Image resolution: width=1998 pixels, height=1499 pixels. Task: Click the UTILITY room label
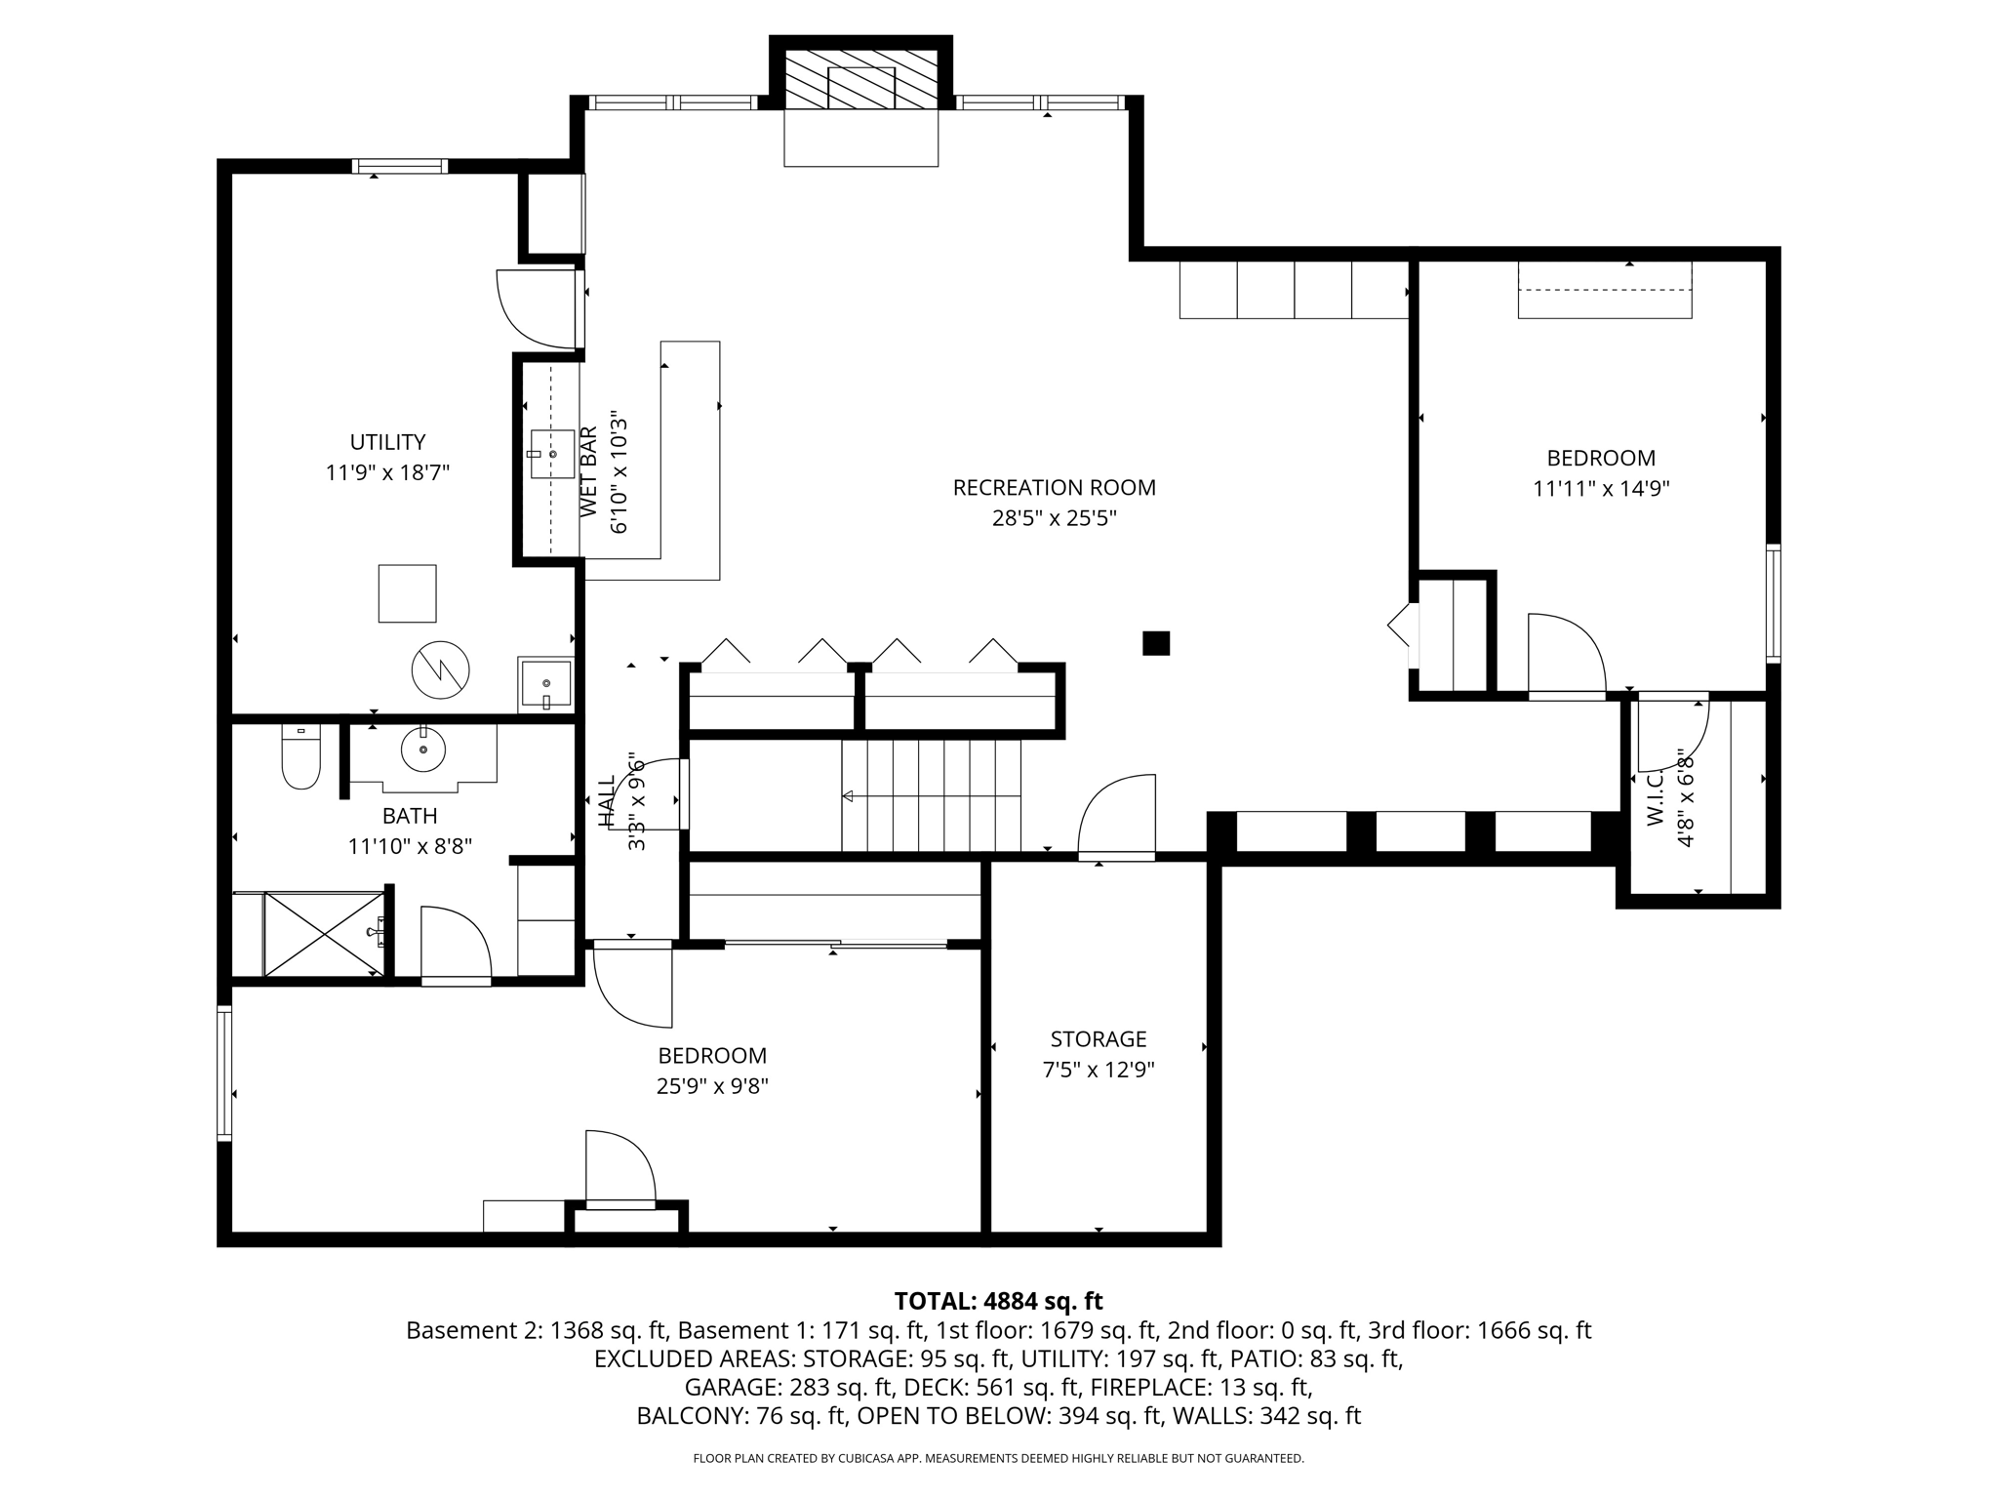387,442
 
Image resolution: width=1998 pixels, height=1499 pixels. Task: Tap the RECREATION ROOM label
1054,487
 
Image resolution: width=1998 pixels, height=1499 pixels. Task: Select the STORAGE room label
1099,1039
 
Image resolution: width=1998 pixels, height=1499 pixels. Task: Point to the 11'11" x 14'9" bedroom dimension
1601,488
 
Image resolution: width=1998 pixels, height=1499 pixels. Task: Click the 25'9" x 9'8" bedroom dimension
712,1085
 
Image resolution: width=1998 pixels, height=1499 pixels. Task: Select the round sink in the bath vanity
423,749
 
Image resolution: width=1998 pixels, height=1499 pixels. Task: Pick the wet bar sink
552,454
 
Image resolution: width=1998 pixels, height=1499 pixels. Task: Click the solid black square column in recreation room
1156,643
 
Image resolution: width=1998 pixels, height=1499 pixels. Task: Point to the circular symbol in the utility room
441,670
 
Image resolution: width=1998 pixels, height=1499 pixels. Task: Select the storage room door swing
1117,816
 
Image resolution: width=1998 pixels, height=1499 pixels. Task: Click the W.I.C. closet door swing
1673,734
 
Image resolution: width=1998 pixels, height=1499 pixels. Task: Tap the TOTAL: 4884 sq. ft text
998,1301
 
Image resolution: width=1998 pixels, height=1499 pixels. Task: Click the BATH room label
410,816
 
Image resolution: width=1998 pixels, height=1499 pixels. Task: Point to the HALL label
607,802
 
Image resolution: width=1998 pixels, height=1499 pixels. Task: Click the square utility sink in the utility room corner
545,684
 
